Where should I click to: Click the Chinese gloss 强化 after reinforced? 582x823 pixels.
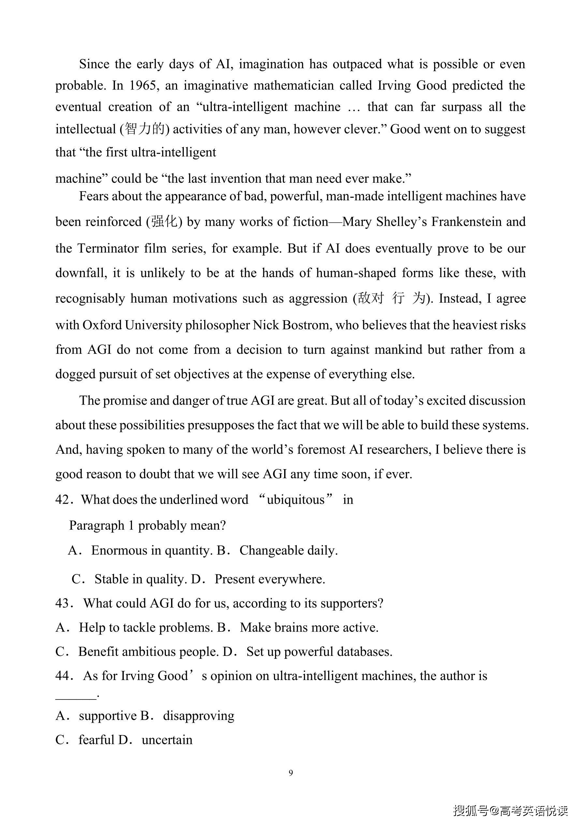164,222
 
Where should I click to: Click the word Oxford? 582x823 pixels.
102,325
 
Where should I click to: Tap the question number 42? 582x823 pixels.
63,500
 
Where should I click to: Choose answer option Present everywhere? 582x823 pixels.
270,579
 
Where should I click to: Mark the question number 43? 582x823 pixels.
63,604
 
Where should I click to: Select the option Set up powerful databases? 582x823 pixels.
319,652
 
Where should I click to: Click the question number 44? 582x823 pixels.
63,676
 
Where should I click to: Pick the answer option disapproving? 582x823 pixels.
199,716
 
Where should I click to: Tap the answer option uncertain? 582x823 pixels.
167,740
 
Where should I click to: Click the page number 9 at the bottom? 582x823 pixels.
291,773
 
